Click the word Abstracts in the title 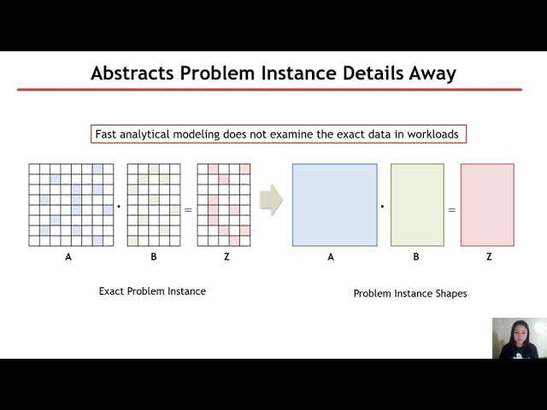point(132,73)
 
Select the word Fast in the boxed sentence point(106,134)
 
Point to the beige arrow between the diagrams point(271,200)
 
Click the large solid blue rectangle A point(334,205)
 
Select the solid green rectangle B point(417,205)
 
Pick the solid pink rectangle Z point(487,205)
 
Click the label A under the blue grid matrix point(68,257)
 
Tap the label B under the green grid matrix point(154,257)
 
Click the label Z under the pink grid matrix point(226,257)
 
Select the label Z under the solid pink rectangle point(489,257)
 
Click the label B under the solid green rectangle point(416,257)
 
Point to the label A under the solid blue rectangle point(331,257)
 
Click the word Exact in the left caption point(111,291)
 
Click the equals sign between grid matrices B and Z point(188,210)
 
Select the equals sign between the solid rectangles point(452,210)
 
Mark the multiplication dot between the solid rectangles point(382,207)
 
